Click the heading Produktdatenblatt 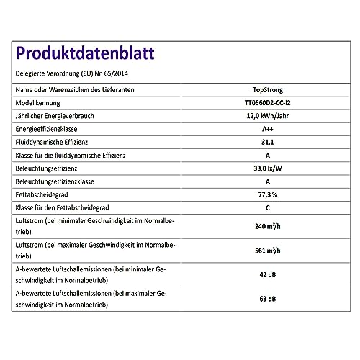(84, 55)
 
